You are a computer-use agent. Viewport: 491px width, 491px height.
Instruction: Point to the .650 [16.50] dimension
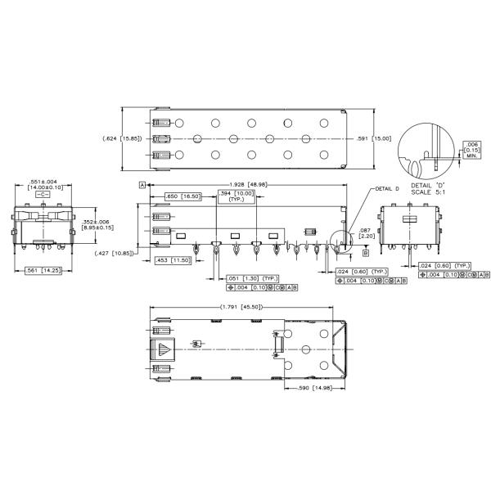click(x=183, y=196)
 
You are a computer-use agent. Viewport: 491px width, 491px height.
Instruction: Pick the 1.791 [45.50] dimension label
click(x=241, y=308)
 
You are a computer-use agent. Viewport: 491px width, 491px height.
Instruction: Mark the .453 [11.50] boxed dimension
click(x=173, y=260)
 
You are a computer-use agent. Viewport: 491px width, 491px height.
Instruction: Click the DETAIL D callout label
click(x=385, y=188)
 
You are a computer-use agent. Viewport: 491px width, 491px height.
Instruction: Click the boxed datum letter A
click(x=142, y=186)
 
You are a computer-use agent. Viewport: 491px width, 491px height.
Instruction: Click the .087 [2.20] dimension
click(x=367, y=233)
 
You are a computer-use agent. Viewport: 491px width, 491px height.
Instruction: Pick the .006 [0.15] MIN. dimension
click(x=472, y=149)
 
